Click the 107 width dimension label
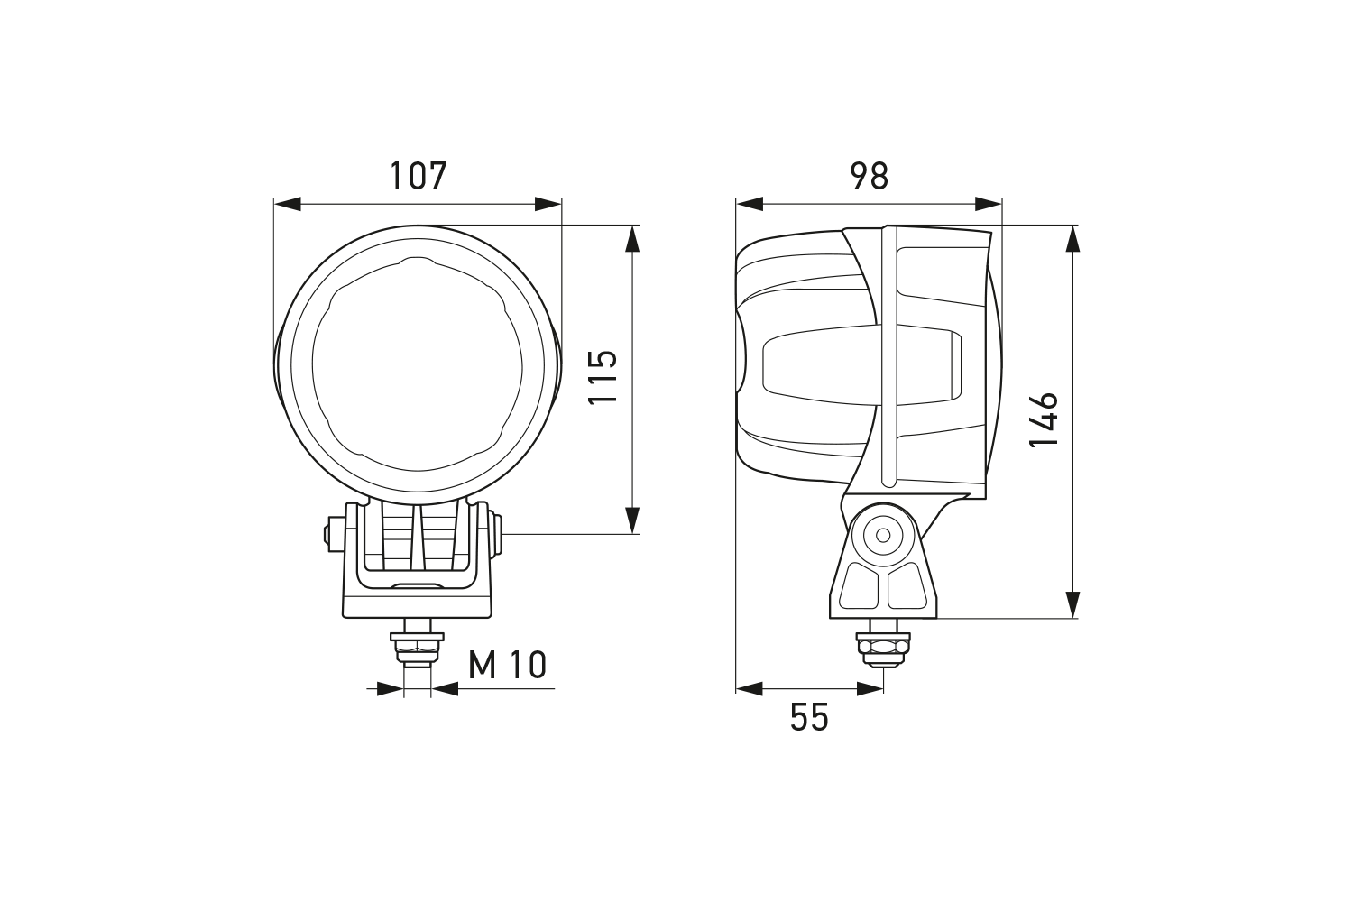click(418, 176)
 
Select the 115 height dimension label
click(603, 377)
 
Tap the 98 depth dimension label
click(870, 176)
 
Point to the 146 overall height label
click(1043, 420)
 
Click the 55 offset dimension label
click(809, 718)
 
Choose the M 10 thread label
click(507, 665)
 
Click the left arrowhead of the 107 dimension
click(288, 204)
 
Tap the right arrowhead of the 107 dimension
click(548, 204)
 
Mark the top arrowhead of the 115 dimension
click(631, 239)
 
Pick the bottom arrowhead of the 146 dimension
click(1072, 604)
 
